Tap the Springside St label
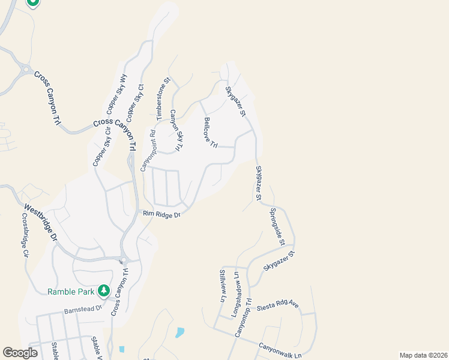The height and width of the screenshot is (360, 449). [276, 227]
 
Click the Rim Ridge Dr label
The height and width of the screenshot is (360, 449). [161, 214]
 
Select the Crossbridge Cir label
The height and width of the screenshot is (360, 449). [25, 235]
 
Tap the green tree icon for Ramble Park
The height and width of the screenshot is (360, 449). [104, 291]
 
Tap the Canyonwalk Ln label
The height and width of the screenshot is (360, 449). [280, 351]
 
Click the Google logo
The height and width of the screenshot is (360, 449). [20, 353]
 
